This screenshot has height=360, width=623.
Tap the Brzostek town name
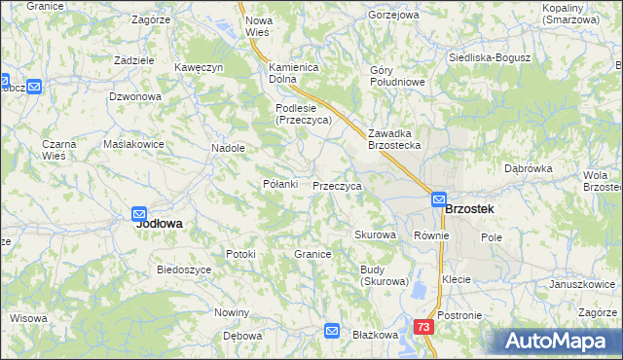coord(469,209)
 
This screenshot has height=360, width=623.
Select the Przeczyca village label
coord(337,185)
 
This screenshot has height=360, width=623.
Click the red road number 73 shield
coord(422,328)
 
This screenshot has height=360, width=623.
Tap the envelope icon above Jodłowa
coord(139,213)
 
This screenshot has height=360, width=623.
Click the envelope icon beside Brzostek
coord(439,198)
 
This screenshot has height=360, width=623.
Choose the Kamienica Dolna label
coord(295,74)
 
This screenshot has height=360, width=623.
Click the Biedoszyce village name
coord(185,270)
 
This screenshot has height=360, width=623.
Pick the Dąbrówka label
coord(529,168)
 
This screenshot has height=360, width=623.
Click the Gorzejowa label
coord(393,16)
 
